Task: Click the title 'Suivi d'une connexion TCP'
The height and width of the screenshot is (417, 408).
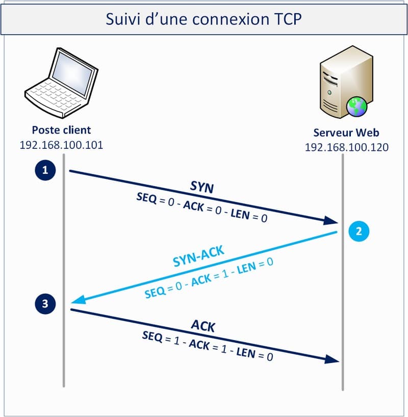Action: tap(203, 19)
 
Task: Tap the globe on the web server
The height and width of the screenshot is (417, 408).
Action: tap(357, 106)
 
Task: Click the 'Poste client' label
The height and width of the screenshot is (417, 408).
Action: tap(61, 130)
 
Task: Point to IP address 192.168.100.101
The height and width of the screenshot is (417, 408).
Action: tap(61, 145)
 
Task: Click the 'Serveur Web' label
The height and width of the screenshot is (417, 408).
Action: tap(346, 133)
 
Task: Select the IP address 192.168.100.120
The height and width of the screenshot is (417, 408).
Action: tap(346, 147)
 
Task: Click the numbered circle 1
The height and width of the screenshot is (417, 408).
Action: tap(45, 170)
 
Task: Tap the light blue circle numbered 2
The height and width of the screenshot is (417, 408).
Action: tap(359, 231)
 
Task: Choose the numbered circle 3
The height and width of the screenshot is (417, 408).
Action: tap(45, 304)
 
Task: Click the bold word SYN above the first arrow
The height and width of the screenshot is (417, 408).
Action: tap(202, 187)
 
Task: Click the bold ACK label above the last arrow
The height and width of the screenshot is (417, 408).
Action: tap(203, 326)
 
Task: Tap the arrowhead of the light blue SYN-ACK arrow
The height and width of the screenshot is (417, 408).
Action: tap(76, 302)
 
